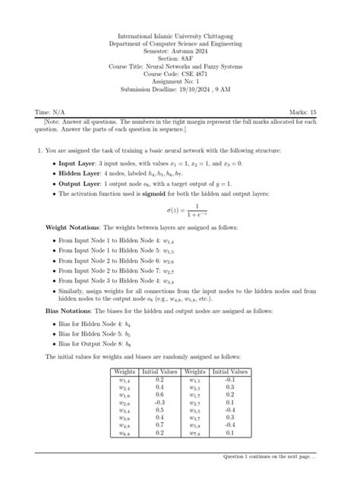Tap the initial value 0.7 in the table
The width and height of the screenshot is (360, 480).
click(159, 425)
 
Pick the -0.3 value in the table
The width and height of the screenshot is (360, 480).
click(159, 403)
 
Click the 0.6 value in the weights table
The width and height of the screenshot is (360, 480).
click(159, 395)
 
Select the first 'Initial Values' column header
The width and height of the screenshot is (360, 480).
click(159, 372)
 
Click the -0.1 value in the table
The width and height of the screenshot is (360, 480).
click(230, 380)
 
